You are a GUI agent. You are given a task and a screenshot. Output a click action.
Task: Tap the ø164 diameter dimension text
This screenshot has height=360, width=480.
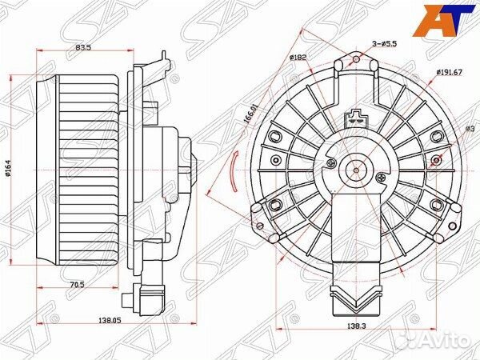point(10,170)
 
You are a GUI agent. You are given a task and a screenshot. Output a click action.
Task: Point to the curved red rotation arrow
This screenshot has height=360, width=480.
point(233,170)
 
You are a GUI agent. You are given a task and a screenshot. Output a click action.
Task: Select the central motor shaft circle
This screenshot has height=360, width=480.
point(355,170)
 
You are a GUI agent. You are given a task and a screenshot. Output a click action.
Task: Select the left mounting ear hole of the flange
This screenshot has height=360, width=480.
point(257,209)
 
